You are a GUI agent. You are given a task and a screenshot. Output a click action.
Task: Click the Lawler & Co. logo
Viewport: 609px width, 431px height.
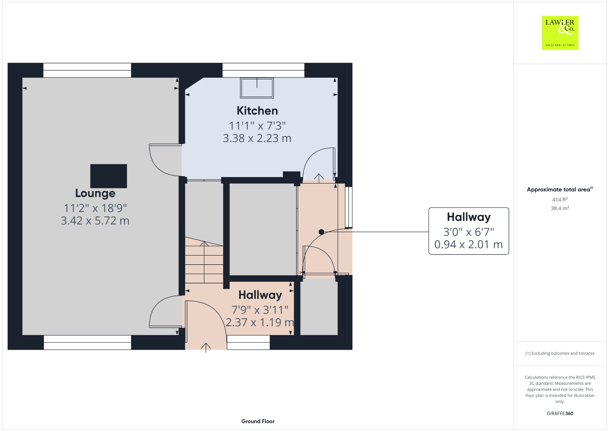[560, 33]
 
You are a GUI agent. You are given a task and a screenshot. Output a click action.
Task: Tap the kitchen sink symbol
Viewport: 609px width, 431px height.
[257, 88]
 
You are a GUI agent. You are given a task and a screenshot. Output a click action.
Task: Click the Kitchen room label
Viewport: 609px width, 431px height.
[257, 111]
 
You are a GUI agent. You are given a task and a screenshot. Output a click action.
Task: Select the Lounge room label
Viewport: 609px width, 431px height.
[95, 193]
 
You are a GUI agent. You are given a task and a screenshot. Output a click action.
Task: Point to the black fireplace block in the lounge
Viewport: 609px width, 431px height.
[109, 176]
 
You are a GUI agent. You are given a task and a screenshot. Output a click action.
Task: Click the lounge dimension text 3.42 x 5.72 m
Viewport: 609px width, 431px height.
[95, 221]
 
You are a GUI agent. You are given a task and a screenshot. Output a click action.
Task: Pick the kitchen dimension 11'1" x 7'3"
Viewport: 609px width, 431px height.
[257, 126]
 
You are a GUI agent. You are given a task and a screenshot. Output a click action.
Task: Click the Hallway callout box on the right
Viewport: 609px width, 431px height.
[469, 231]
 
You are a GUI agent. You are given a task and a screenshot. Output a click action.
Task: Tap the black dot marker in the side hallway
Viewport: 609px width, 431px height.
[321, 232]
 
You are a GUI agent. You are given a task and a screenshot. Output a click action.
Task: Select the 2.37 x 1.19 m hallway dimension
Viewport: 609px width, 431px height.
[260, 322]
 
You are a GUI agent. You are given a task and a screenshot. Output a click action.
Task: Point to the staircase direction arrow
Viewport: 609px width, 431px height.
[204, 262]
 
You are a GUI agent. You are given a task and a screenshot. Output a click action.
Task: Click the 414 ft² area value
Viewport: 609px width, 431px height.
[560, 199]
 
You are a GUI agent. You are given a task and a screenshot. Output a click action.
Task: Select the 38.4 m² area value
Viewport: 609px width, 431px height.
[560, 208]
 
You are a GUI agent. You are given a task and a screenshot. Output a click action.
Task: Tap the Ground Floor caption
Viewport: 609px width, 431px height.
[258, 421]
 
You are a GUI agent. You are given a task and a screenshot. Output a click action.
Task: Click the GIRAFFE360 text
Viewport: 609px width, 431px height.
[560, 413]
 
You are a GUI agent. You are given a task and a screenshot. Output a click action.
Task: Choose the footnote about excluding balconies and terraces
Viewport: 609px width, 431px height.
[560, 353]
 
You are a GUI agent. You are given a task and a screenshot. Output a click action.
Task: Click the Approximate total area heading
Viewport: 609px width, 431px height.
[560, 189]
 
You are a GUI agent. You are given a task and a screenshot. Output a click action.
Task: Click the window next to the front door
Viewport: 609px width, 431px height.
[248, 342]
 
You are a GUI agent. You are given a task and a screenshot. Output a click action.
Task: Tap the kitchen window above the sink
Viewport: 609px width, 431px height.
[263, 70]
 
